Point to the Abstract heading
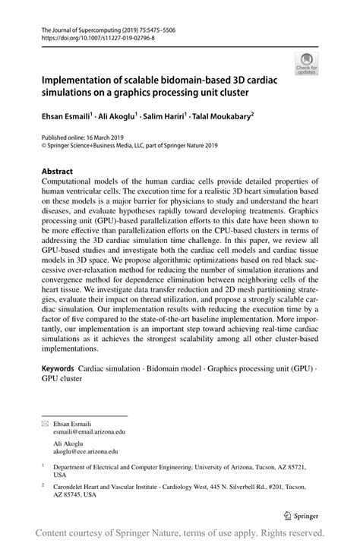58,172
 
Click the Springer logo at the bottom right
303,514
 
